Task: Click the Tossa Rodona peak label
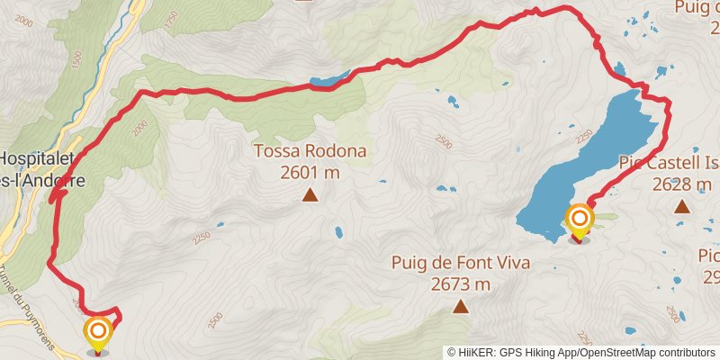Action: click(x=310, y=151)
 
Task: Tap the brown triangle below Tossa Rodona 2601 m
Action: click(x=310, y=194)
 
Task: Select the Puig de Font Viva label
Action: click(x=460, y=263)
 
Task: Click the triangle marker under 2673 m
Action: click(x=461, y=307)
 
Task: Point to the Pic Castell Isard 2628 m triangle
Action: click(x=682, y=207)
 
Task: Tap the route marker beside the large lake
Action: click(x=580, y=219)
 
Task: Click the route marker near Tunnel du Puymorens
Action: click(x=98, y=333)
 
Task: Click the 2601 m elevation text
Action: click(x=310, y=173)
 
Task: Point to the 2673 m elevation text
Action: click(x=460, y=284)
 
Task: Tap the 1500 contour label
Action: click(x=76, y=59)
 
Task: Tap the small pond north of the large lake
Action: click(x=619, y=68)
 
